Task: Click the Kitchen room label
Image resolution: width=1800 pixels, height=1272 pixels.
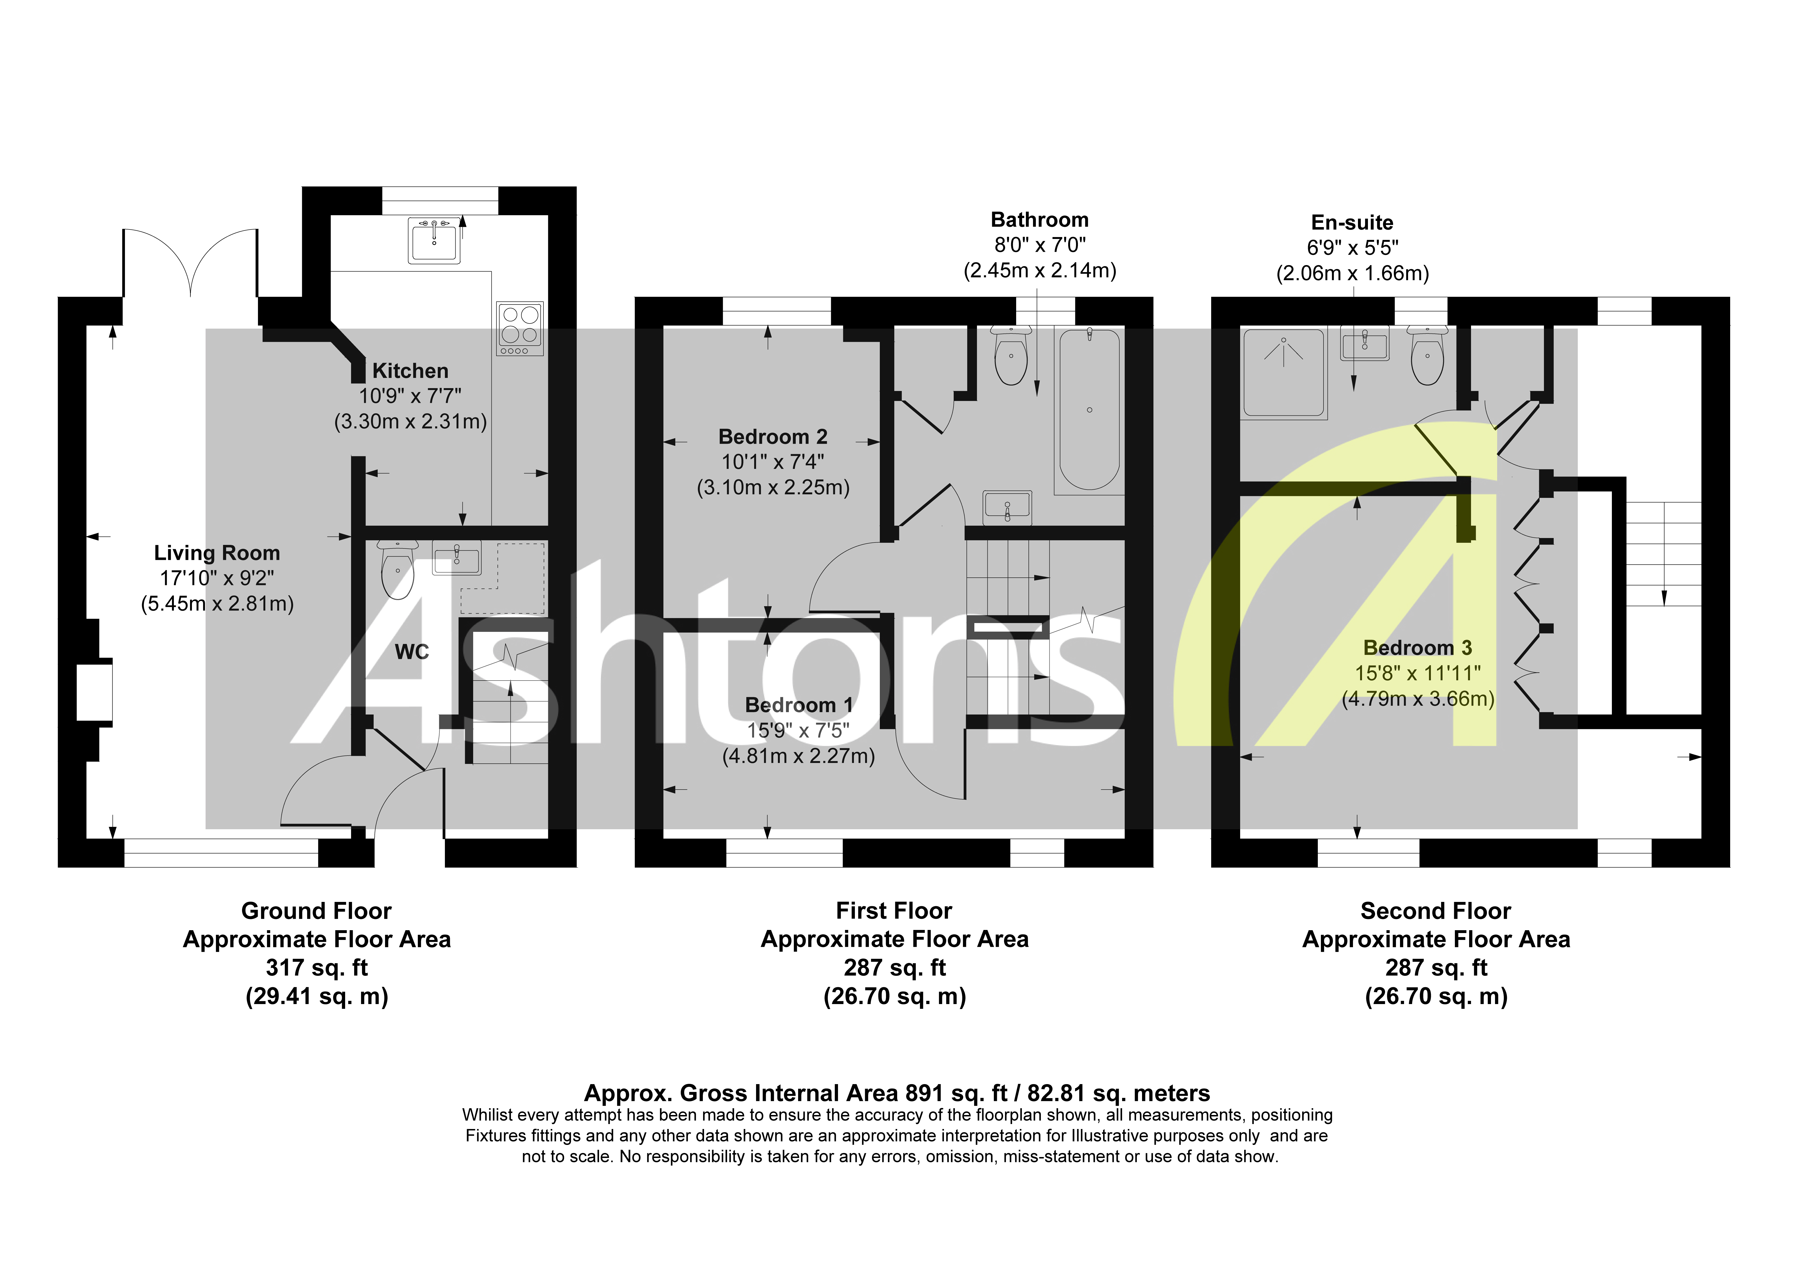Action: click(x=410, y=371)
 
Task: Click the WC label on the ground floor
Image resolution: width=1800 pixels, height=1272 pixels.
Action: click(x=412, y=652)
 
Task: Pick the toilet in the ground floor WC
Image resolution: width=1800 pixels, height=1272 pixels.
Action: click(x=397, y=571)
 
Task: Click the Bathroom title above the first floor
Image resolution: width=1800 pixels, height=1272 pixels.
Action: click(x=1039, y=219)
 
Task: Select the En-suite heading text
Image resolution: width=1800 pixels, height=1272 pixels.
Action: click(x=1352, y=223)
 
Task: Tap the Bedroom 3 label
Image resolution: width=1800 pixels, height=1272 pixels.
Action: click(x=1417, y=648)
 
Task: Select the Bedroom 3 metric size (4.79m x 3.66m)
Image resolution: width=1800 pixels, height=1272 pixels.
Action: click(x=1417, y=699)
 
